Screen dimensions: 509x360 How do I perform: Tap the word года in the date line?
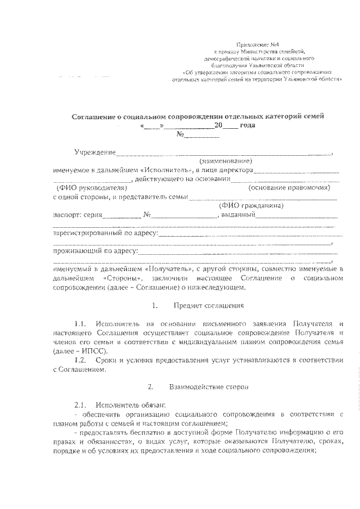(x=247, y=125)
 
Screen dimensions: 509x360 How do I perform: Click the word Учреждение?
(x=95, y=152)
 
